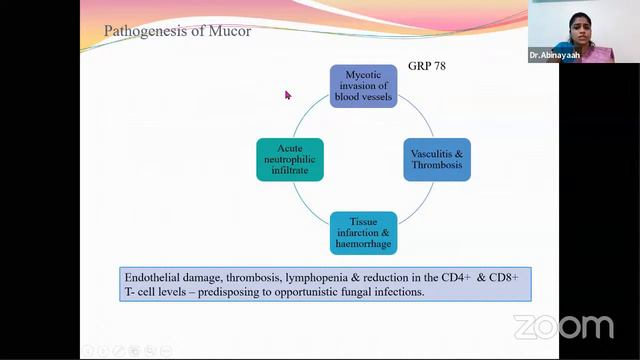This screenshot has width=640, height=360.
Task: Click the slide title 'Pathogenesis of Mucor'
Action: [x=178, y=31]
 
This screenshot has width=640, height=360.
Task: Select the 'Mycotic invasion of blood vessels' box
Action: [x=363, y=86]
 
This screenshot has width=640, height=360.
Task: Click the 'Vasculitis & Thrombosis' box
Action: [x=437, y=159]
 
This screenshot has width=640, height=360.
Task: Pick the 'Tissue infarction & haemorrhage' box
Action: [x=363, y=233]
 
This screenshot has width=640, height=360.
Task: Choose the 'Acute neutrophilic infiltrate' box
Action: [x=290, y=159]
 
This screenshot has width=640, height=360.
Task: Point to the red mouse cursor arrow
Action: [x=287, y=95]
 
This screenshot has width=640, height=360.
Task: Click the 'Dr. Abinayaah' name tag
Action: [x=558, y=56]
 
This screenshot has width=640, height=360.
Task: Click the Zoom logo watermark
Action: [x=563, y=327]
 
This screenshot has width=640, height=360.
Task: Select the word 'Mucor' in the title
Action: [x=231, y=31]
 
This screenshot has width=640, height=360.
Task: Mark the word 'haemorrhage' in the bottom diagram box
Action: [x=363, y=246]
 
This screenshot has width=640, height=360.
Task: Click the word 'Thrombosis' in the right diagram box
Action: [x=437, y=166]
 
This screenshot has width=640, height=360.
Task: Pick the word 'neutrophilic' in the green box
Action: [x=290, y=159]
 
